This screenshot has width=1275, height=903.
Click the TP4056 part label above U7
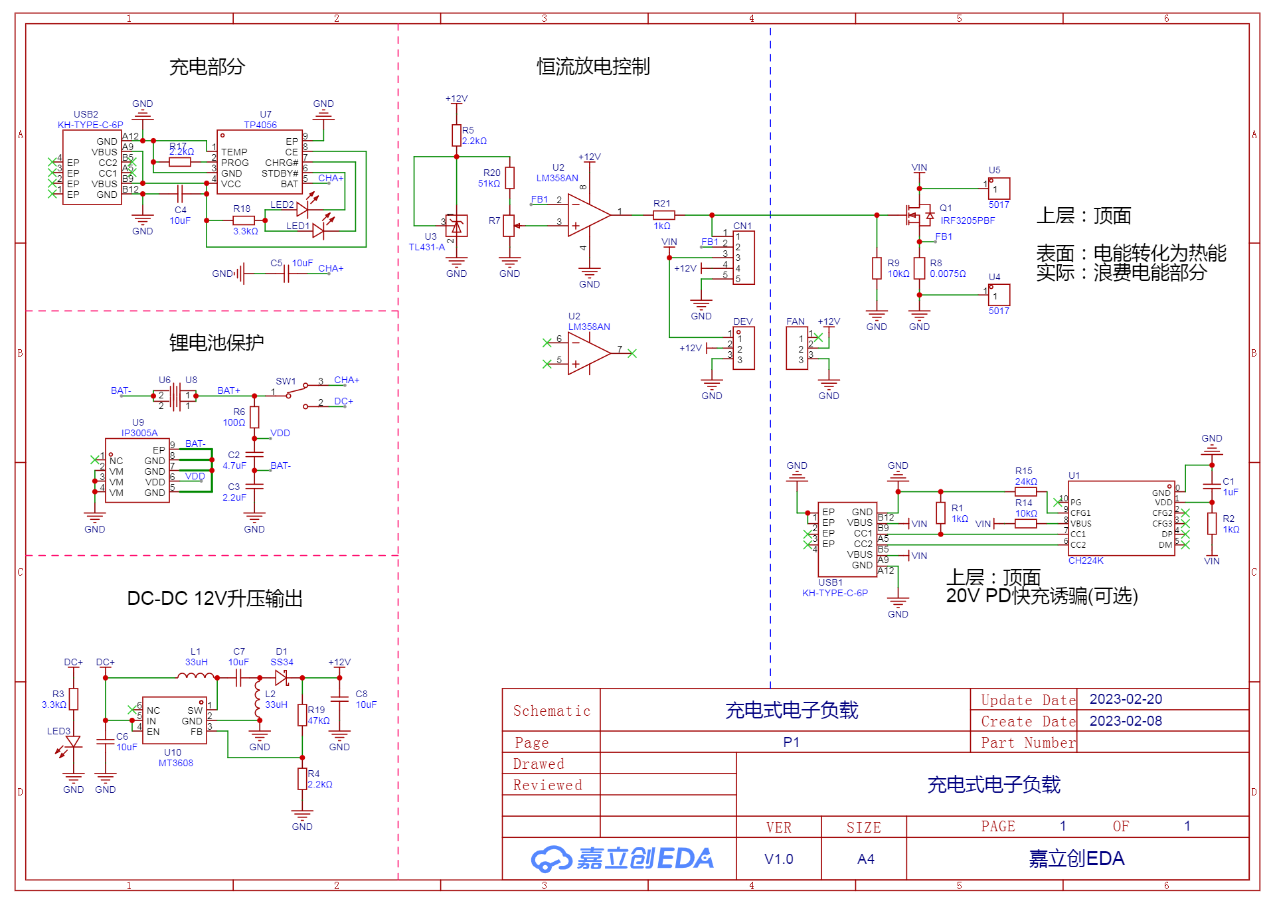click(x=260, y=125)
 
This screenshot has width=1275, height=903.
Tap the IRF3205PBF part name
click(x=968, y=220)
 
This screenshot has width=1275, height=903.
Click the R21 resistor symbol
click(x=664, y=215)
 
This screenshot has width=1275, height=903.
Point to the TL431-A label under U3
click(x=427, y=247)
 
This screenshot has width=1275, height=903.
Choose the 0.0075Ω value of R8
click(x=948, y=274)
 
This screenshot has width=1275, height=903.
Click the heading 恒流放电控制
click(x=593, y=66)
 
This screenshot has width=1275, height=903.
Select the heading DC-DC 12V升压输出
click(x=214, y=598)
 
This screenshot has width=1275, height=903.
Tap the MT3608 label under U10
click(x=176, y=763)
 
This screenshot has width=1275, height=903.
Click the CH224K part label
click(x=1086, y=560)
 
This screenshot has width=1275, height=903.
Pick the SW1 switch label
click(x=286, y=381)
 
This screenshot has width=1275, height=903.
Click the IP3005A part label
click(x=139, y=433)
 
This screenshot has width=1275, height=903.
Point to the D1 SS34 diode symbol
click(x=282, y=678)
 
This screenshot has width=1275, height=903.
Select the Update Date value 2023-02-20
click(x=1126, y=699)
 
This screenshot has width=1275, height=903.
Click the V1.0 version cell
click(x=779, y=859)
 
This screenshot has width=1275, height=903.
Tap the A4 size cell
click(x=866, y=859)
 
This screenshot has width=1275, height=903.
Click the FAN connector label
click(x=796, y=321)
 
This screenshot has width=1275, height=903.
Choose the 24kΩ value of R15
click(x=1026, y=481)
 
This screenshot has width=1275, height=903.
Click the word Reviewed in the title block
click(x=548, y=785)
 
